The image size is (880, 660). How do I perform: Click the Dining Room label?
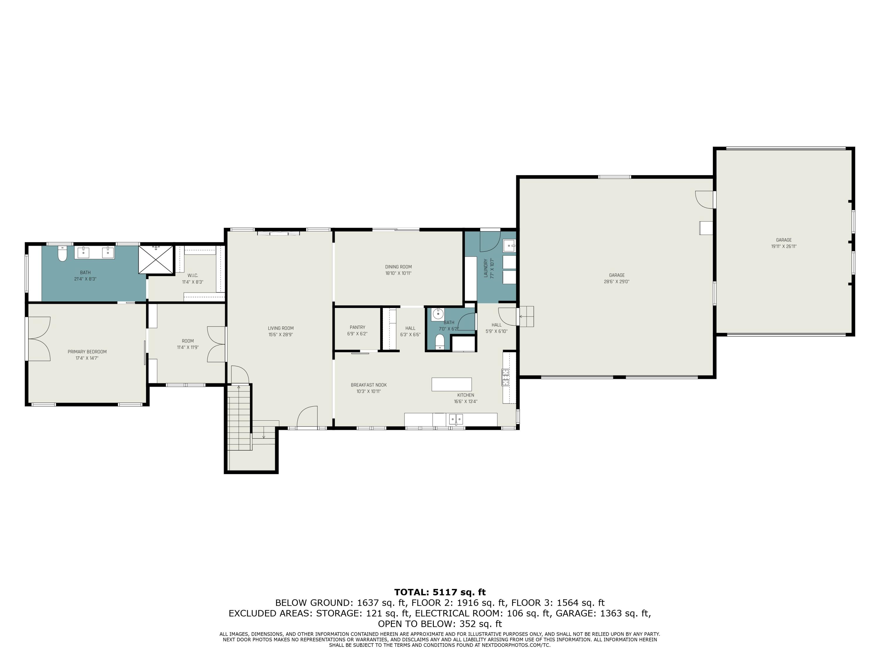tap(398, 267)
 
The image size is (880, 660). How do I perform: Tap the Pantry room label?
tap(357, 327)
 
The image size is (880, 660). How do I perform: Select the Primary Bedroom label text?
tap(87, 352)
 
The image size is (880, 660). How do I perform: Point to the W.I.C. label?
tap(192, 275)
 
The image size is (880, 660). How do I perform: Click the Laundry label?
tap(486, 268)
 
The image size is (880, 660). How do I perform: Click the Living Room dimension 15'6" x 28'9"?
tap(281, 335)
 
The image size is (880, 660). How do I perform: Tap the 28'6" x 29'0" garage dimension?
tap(617, 282)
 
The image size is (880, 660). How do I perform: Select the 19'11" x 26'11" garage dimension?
tap(784, 247)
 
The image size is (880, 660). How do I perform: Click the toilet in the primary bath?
tap(62, 254)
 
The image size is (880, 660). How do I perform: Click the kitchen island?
tap(451, 384)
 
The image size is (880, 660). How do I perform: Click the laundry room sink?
tap(509, 246)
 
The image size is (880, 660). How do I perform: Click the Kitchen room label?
tap(466, 395)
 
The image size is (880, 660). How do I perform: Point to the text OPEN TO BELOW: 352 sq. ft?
tap(440, 624)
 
